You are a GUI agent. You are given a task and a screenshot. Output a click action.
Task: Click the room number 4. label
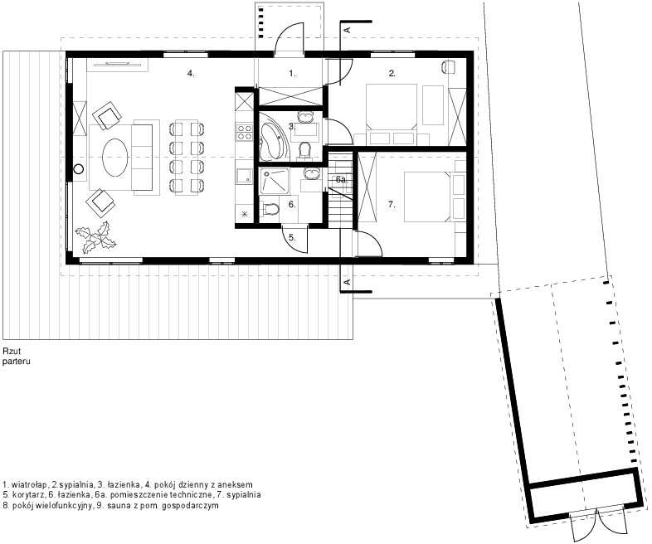pos(191,74)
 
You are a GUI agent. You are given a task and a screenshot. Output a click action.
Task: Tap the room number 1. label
pos(292,74)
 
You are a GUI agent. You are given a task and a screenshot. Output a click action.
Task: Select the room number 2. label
pos(392,74)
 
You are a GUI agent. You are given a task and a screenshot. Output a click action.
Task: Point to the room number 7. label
pos(392,205)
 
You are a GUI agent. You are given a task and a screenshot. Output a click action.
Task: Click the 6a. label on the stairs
pos(342,179)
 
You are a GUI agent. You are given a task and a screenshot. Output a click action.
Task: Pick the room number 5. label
pos(292,238)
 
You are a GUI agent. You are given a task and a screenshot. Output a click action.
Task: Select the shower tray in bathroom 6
pos(274,181)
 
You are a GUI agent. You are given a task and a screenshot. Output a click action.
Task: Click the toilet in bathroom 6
pos(270,209)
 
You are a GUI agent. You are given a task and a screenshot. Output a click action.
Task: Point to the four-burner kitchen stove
pos(244,132)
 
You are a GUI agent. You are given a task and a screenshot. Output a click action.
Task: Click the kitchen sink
pos(243,176)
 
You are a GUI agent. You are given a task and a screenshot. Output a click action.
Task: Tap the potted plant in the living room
pos(96,238)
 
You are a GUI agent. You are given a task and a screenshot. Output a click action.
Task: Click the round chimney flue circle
pos(79,169)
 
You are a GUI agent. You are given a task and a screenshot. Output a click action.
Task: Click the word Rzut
pos(12,352)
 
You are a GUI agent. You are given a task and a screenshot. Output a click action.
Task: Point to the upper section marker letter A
pos(348,30)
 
